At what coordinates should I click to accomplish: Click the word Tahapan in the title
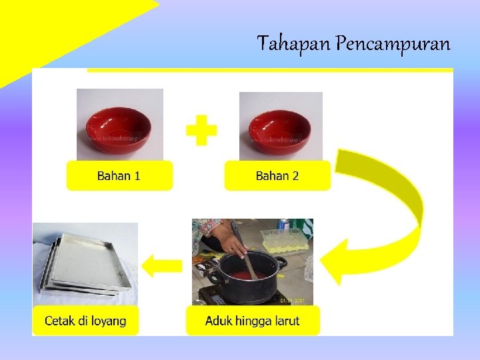(294, 45)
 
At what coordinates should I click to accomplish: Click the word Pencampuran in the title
(393, 45)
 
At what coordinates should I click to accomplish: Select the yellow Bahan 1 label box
(119, 176)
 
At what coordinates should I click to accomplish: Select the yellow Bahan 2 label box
(277, 176)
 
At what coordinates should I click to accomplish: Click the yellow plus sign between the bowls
(201, 130)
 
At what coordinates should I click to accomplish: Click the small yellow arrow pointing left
(162, 265)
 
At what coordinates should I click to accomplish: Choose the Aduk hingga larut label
(253, 321)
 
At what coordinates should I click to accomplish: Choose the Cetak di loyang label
(85, 321)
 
